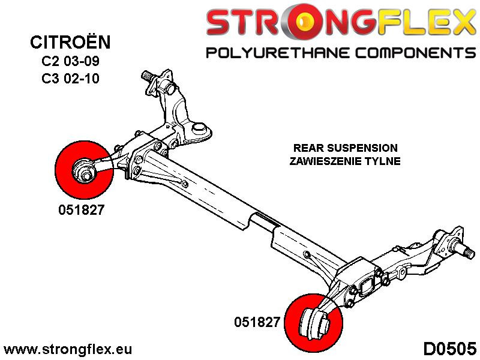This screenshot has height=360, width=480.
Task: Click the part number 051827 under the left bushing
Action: click(x=76, y=211)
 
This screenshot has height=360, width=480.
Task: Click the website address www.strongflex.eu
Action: click(x=68, y=349)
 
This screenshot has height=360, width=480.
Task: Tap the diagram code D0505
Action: click(x=450, y=349)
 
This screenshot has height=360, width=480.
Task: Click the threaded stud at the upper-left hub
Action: click(x=146, y=77)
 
